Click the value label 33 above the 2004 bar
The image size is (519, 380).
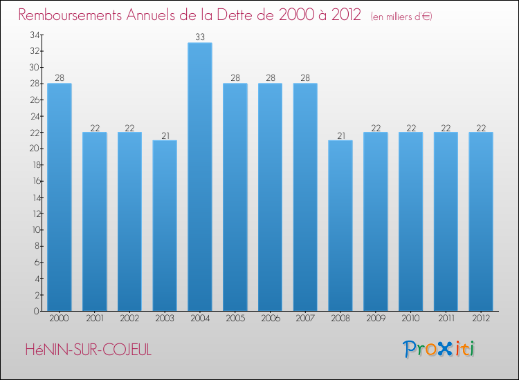pyautogui.click(x=200, y=37)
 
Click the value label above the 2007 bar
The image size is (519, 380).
pyautogui.click(x=305, y=78)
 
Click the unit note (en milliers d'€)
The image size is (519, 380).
pyautogui.click(x=401, y=16)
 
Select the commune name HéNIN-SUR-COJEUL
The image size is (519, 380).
pyautogui.click(x=87, y=350)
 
